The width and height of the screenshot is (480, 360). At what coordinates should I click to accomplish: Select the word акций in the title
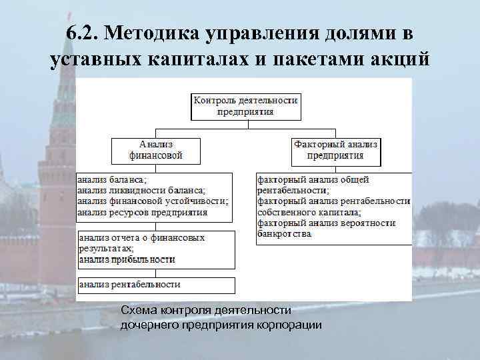click(399, 60)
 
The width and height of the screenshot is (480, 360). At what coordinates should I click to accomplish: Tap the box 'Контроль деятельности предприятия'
click(245, 106)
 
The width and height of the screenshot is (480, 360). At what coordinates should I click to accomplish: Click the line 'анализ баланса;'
click(112, 179)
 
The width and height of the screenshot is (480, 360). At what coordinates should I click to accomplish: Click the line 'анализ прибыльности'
click(127, 259)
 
